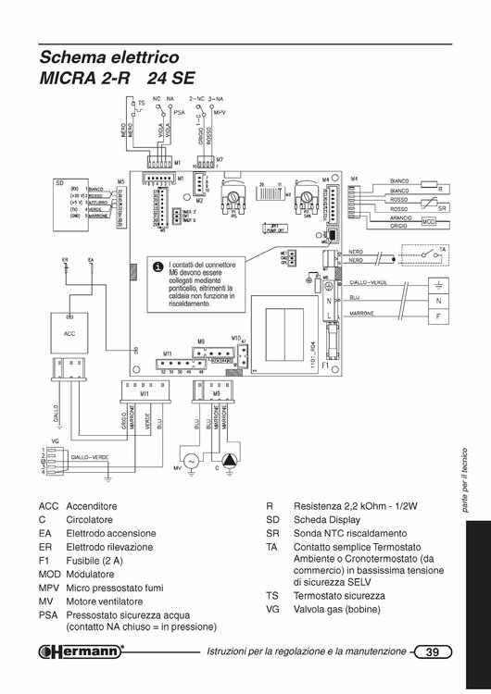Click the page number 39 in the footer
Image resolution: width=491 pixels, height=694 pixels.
[x=432, y=652]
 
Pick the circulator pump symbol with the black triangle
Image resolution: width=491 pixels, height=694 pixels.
[x=228, y=461]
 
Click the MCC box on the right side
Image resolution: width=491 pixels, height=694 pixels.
[x=428, y=222]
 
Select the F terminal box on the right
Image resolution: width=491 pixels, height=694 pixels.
[x=438, y=316]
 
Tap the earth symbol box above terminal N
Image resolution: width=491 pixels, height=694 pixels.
[x=438, y=283]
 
